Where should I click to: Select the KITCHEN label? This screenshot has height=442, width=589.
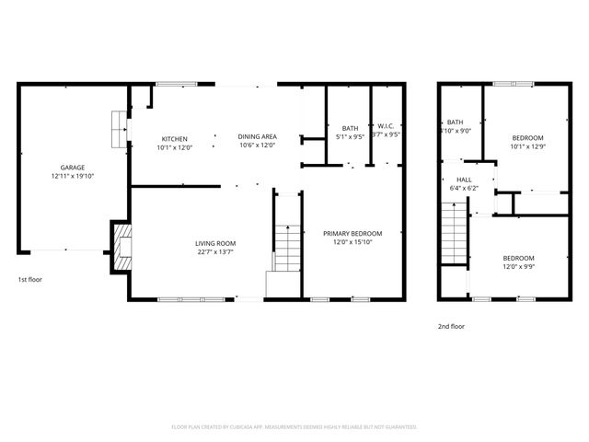[175, 138]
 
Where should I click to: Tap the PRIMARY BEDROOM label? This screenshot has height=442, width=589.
[352, 234]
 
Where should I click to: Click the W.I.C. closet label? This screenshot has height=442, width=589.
[386, 128]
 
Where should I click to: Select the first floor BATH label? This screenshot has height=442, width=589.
[350, 128]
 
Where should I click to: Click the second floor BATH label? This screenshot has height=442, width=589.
[456, 122]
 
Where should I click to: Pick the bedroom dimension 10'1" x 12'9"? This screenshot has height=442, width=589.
[528, 145]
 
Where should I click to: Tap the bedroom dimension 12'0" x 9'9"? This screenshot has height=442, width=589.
[518, 267]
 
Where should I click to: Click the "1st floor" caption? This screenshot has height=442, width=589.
[30, 279]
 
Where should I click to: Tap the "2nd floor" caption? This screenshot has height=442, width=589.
[451, 326]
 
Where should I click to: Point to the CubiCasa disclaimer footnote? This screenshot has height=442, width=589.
[294, 427]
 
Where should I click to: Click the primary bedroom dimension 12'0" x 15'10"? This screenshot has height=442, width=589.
[352, 242]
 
